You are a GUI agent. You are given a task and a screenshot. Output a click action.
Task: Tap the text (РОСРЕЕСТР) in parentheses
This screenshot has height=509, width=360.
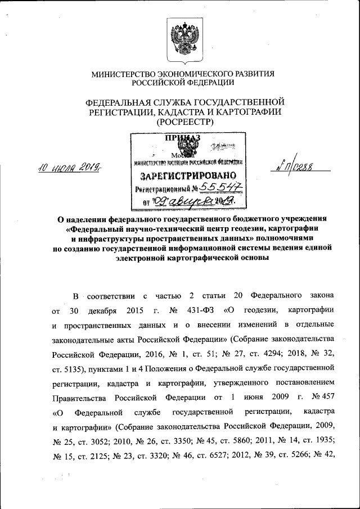coord(183,121)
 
